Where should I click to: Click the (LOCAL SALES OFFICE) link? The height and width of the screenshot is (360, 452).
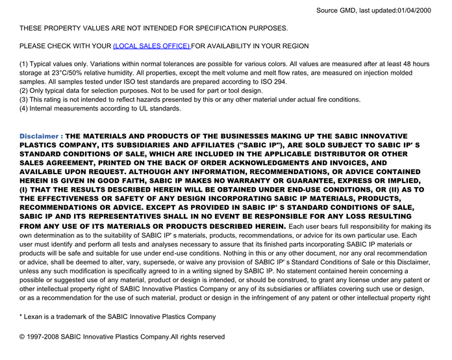[152, 46]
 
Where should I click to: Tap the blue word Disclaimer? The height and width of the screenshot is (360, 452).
[40, 136]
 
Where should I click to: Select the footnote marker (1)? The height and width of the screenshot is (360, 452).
[25, 64]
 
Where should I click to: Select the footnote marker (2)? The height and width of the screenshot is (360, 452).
[25, 91]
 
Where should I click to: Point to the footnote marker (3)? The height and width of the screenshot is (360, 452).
[25, 100]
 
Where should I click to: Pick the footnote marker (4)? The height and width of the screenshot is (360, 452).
[25, 109]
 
